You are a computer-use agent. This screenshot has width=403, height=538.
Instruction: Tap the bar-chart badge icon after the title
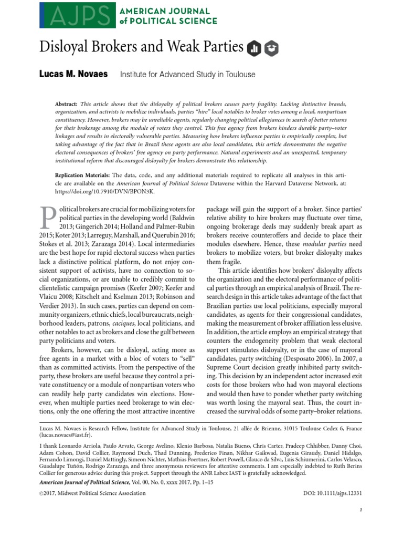(254, 49)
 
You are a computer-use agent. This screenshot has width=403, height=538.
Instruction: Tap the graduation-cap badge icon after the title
(272, 49)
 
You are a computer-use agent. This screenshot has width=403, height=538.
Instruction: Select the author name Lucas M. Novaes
(73, 75)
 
